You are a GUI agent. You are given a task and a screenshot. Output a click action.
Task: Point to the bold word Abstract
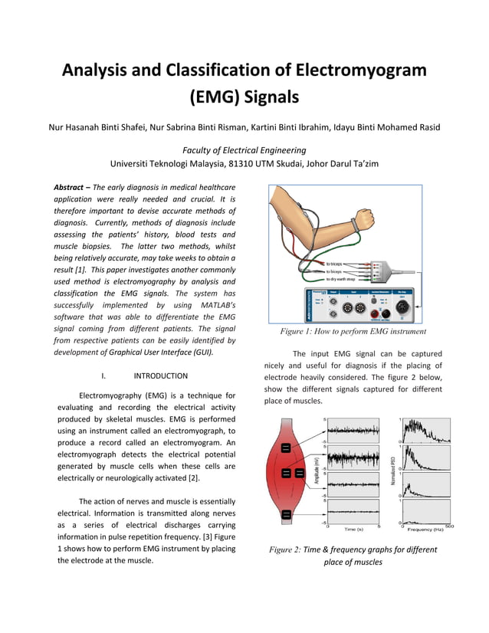click(x=69, y=187)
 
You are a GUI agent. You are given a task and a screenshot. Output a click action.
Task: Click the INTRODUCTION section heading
click(x=160, y=376)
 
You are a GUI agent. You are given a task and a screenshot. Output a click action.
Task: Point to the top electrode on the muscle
click(x=285, y=448)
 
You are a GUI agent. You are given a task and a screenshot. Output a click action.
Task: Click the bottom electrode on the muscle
click(x=285, y=513)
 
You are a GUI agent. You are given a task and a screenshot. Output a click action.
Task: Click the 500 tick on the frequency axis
click(x=449, y=525)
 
